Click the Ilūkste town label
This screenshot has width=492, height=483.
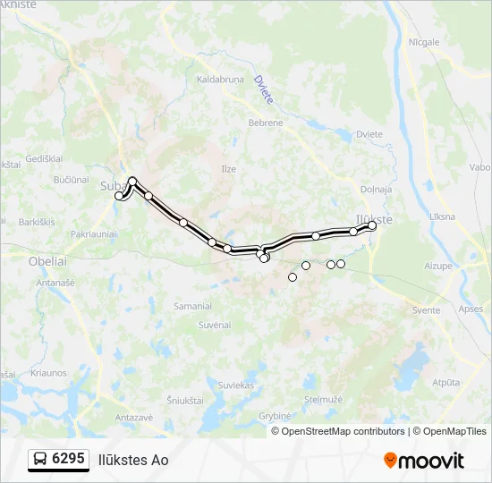coord(374,217)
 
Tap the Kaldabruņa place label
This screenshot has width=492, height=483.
coord(220,80)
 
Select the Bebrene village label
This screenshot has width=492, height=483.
coord(266,123)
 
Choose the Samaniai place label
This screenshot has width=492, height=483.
coord(192,306)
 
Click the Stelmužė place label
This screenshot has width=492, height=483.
coord(323,400)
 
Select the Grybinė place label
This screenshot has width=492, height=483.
coord(276,416)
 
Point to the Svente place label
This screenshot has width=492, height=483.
coord(427,310)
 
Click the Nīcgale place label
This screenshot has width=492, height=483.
coord(424,42)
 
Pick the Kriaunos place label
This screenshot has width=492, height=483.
coord(48,373)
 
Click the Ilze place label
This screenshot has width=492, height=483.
coord(229,168)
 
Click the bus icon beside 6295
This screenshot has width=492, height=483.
coord(40,460)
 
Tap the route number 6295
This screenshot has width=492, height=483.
coord(69,459)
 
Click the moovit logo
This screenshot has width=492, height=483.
coord(424,461)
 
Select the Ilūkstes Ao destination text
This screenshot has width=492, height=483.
coord(133,460)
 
